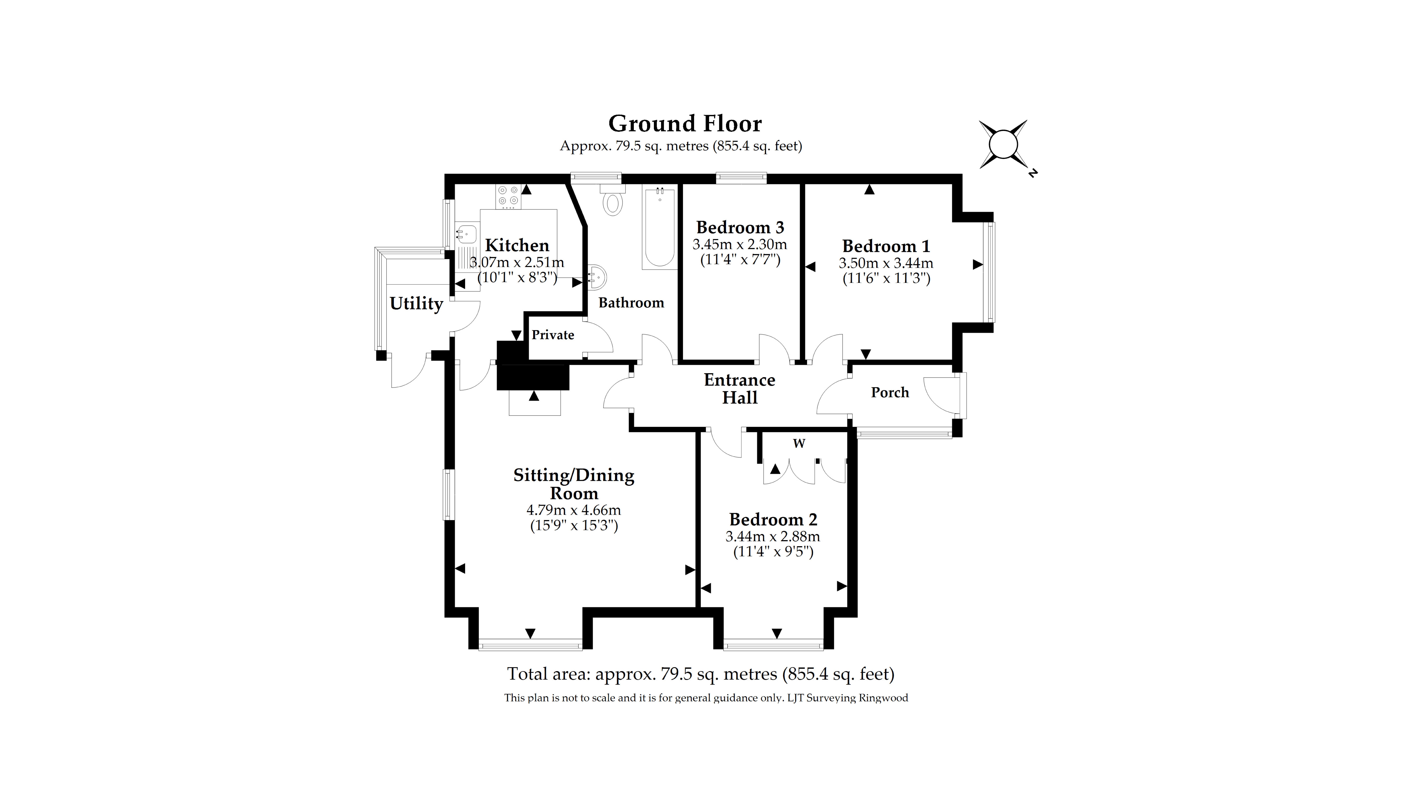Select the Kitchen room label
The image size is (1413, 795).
point(517,245)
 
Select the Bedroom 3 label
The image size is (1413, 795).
point(740,227)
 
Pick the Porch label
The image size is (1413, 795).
point(890,393)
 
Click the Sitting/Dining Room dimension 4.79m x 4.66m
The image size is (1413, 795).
point(574,510)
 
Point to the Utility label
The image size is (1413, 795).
point(416,303)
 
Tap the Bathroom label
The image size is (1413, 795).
point(631,303)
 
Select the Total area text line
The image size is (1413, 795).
point(700,674)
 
